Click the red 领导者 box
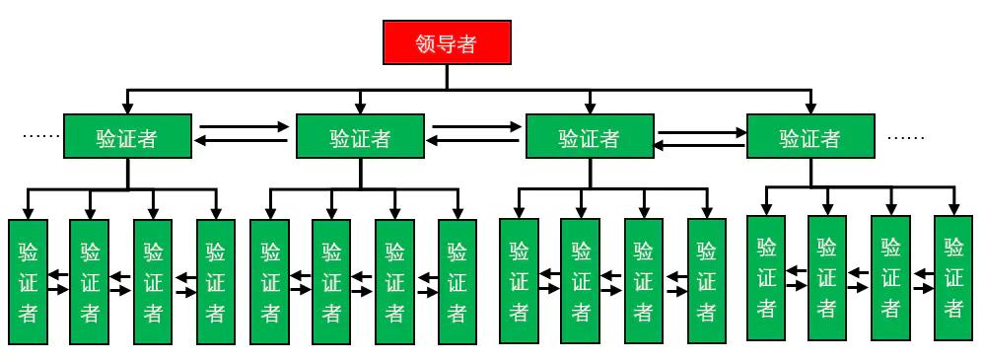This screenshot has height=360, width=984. click(447, 44)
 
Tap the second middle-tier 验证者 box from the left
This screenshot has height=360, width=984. click(360, 137)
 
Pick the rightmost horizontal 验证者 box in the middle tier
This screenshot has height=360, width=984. click(809, 137)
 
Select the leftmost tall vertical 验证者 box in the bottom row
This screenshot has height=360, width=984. click(28, 281)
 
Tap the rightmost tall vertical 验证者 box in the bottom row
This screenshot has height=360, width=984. click(953, 277)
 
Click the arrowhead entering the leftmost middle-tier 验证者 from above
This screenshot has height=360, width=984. click(126, 108)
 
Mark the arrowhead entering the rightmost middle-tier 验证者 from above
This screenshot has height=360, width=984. click(810, 108)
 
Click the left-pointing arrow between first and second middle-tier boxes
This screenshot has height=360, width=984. click(245, 142)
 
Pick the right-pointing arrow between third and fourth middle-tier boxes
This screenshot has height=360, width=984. click(701, 130)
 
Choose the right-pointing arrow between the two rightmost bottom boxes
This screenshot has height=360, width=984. click(924, 287)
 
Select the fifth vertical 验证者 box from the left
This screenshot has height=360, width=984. click(270, 281)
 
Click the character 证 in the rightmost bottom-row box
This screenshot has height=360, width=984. click(953, 277)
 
